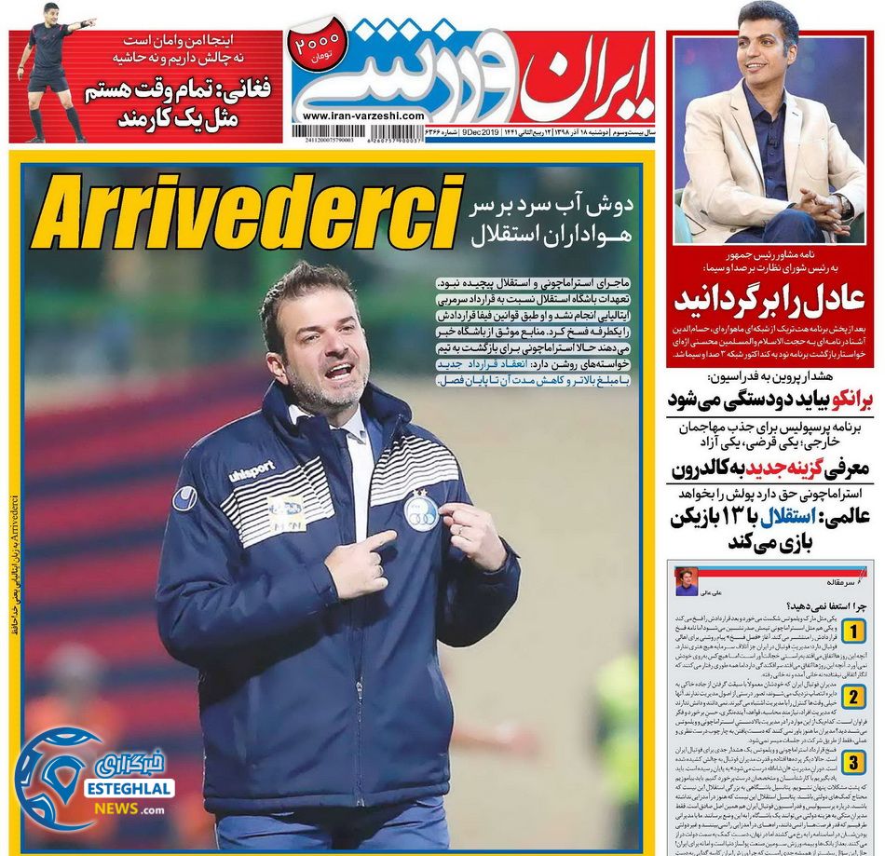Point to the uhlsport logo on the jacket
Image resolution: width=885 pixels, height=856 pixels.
251,471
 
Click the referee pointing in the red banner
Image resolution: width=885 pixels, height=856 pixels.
49,70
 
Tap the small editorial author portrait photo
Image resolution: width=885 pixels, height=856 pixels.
688,578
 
